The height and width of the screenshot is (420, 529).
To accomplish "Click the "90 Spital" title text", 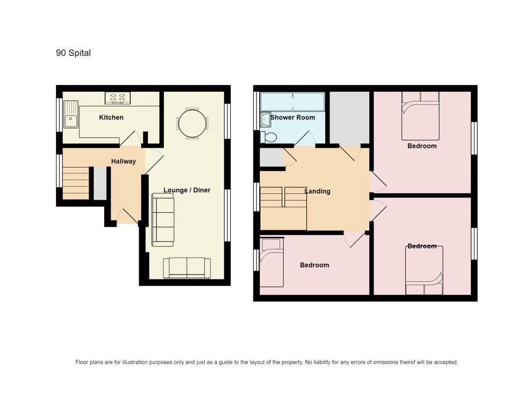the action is (73, 53).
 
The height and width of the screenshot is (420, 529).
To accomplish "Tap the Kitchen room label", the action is (111, 117).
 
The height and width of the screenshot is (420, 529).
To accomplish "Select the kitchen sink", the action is (71, 114).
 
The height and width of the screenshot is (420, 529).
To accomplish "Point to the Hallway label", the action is (123, 161).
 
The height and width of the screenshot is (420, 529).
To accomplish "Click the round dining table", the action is (193, 123).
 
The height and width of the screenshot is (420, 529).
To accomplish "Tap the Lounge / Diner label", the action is (187, 190).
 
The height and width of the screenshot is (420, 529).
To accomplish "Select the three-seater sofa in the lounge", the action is (163, 220).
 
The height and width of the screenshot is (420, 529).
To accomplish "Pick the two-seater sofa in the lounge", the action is (187, 268).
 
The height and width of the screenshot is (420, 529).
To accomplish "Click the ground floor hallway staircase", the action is (76, 183).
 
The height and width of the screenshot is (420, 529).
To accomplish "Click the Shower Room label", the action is (293, 117).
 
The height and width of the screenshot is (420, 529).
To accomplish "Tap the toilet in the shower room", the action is (269, 137).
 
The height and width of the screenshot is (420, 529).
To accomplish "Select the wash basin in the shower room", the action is (265, 120).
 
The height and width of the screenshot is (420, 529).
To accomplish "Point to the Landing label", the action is (317, 191).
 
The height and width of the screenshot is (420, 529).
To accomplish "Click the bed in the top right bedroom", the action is (421, 116).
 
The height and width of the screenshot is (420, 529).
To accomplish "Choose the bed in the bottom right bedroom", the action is (424, 270).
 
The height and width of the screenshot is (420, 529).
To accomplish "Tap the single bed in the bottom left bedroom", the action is (271, 263).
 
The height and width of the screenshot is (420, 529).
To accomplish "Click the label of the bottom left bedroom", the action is (314, 265).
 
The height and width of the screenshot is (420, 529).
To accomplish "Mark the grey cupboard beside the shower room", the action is (350, 118).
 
